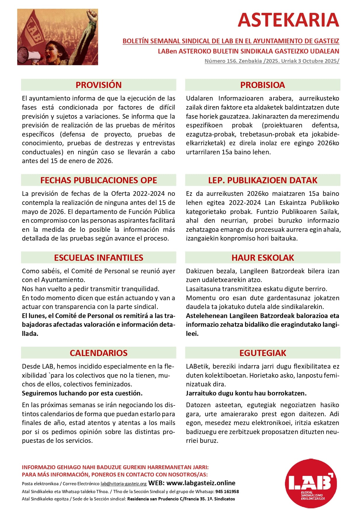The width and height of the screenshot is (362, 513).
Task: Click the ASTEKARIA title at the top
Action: coord(288,20)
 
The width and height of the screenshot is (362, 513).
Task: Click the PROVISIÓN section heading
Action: coord(99,85)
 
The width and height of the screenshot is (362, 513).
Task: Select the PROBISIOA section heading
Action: coord(262,85)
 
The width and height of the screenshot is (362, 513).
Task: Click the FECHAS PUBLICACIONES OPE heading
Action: coord(99,180)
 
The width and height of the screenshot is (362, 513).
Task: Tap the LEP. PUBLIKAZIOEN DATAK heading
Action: coord(262,180)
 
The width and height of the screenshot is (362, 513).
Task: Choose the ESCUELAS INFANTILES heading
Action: coord(99,258)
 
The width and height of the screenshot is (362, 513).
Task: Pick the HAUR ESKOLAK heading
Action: coord(262,258)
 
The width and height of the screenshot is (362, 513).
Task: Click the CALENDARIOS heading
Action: coord(99,353)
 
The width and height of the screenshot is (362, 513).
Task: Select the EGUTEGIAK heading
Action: coord(262,353)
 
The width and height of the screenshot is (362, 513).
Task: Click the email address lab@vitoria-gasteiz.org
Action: coord(123,484)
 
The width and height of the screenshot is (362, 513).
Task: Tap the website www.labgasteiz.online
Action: coord(201,483)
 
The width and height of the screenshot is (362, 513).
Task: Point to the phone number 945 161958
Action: coord(227,491)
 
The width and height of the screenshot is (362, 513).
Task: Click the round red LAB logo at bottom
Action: coord(311,483)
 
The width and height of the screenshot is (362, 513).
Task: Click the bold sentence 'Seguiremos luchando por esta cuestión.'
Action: coord(82,393)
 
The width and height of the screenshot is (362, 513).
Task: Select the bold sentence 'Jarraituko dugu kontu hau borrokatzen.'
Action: coord(246,393)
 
